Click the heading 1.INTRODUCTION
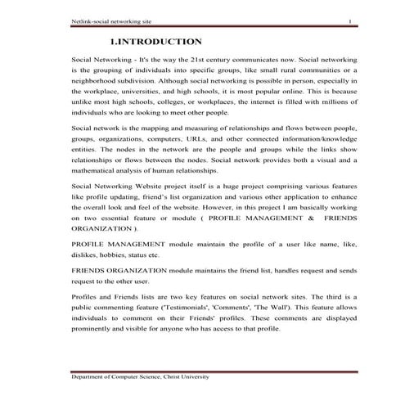coord(155,41)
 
